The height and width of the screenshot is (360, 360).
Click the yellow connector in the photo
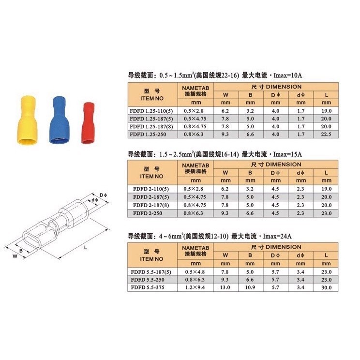coord(28,120)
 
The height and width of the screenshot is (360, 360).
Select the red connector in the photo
coord(88,123)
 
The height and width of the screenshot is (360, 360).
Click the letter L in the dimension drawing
coord(86,248)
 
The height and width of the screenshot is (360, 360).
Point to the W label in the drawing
coord(15,256)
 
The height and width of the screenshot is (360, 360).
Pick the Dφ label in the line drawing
coord(104,195)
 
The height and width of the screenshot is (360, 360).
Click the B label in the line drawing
coord(21,251)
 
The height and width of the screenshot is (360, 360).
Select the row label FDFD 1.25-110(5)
coord(151,111)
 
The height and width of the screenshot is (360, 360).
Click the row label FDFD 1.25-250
coord(148,135)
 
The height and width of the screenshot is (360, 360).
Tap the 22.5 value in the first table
coord(326,135)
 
